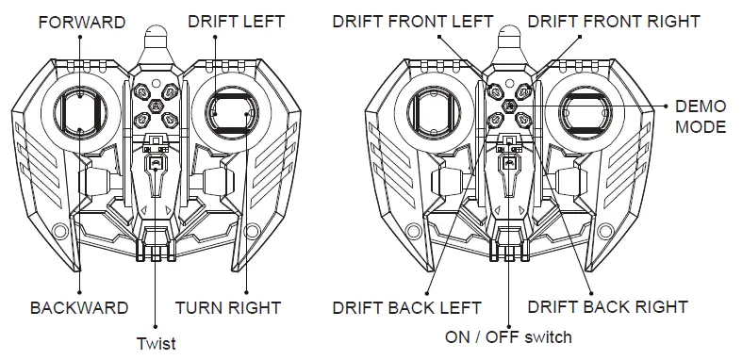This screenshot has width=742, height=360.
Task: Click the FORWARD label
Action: point(81,22)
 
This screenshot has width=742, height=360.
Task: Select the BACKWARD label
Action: point(79,307)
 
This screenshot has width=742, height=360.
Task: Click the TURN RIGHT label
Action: point(228,307)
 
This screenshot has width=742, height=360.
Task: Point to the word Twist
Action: point(156,343)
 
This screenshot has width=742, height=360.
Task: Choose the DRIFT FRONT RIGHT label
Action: point(613,21)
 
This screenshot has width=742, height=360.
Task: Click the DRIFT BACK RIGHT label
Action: point(607,306)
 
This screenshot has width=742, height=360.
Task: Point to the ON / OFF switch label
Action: point(508,336)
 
